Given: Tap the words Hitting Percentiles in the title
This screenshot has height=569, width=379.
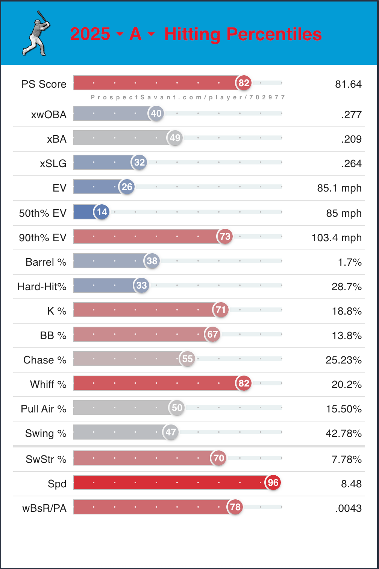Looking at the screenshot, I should [243, 34].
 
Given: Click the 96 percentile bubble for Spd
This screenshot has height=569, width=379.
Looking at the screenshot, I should [273, 483].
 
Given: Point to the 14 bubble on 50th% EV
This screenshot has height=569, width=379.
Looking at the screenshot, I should [102, 212].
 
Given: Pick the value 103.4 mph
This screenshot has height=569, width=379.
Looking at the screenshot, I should [337, 238].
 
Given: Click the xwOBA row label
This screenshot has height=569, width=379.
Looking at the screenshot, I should [49, 115].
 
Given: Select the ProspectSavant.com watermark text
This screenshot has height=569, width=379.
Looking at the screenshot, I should [188, 97].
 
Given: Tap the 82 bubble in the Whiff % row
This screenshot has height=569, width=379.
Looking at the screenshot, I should [244, 383].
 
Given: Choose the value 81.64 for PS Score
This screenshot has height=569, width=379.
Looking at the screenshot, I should [348, 84].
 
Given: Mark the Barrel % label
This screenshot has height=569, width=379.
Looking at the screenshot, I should [46, 262].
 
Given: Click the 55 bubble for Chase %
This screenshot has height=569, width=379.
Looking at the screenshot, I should [187, 359].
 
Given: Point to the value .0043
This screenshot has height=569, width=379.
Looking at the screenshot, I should [348, 508].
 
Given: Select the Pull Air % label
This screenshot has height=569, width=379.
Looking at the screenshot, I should [44, 409].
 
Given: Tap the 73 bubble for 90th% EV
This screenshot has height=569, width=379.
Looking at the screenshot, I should [225, 237].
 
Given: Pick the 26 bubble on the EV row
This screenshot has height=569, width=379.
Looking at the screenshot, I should [127, 187].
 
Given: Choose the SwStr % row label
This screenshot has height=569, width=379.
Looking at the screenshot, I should [46, 459].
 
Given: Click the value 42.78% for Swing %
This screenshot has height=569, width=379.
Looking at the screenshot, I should [343, 434].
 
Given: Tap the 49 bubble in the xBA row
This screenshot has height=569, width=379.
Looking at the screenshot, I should [175, 138].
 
